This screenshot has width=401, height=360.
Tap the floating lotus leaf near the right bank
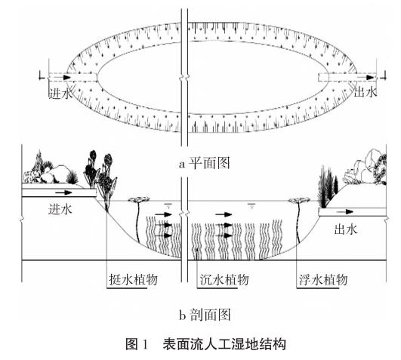(299, 201)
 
